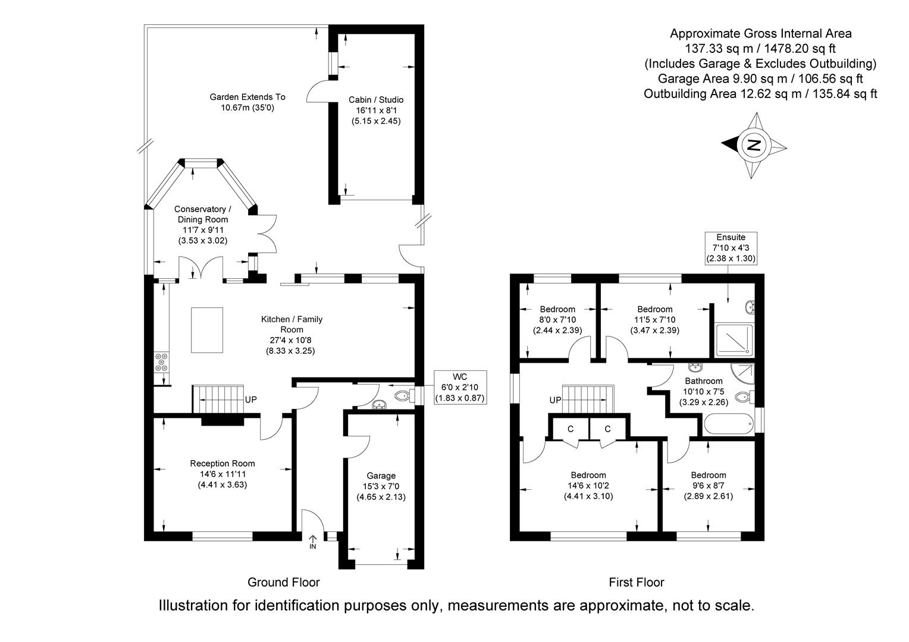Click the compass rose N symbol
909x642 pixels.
(x=754, y=144)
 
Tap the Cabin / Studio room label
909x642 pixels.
(x=375, y=100)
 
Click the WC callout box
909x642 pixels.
(x=460, y=388)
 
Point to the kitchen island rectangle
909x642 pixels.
(x=206, y=331)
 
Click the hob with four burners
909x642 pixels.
(x=161, y=362)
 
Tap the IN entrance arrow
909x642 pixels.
(x=313, y=542)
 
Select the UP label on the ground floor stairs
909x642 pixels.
(x=250, y=399)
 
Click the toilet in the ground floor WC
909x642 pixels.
(x=405, y=395)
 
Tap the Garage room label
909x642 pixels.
(x=381, y=476)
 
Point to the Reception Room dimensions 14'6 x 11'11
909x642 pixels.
(x=222, y=474)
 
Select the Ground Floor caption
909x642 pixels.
(x=283, y=582)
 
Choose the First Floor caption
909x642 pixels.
(x=636, y=582)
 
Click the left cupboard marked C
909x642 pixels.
(x=570, y=429)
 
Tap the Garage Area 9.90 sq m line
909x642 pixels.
(x=760, y=78)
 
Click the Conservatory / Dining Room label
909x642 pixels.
(x=202, y=215)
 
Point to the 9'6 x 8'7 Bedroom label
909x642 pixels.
(x=708, y=486)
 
